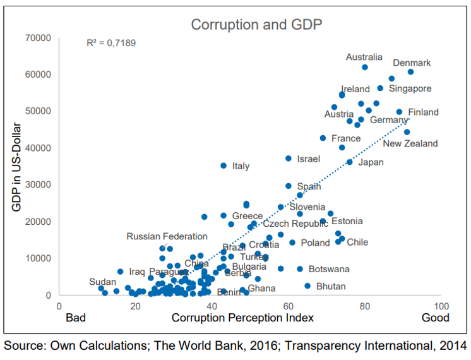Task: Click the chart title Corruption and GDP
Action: pyautogui.click(x=256, y=25)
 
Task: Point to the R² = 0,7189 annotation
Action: pyautogui.click(x=111, y=44)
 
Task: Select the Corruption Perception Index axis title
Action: pyautogui.click(x=242, y=318)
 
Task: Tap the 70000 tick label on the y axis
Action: pyautogui.click(x=39, y=38)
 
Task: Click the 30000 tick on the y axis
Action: pyautogui.click(x=39, y=185)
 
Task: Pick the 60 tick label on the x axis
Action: pyautogui.click(x=288, y=306)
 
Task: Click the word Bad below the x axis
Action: pyautogui.click(x=76, y=318)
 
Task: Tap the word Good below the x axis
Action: pyautogui.click(x=436, y=318)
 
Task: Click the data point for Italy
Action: pyautogui.click(x=224, y=165)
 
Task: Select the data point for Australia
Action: pyautogui.click(x=365, y=67)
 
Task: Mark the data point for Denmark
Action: pyautogui.click(x=410, y=72)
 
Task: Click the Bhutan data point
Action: pyautogui.click(x=307, y=286)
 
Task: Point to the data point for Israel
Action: pyautogui.click(x=289, y=159)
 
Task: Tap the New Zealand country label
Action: pyautogui.click(x=410, y=143)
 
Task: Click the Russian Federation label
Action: pyautogui.click(x=167, y=236)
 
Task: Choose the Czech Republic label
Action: pyautogui.click(x=295, y=224)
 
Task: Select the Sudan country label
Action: pyautogui.click(x=102, y=282)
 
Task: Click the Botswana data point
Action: pyautogui.click(x=300, y=269)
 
